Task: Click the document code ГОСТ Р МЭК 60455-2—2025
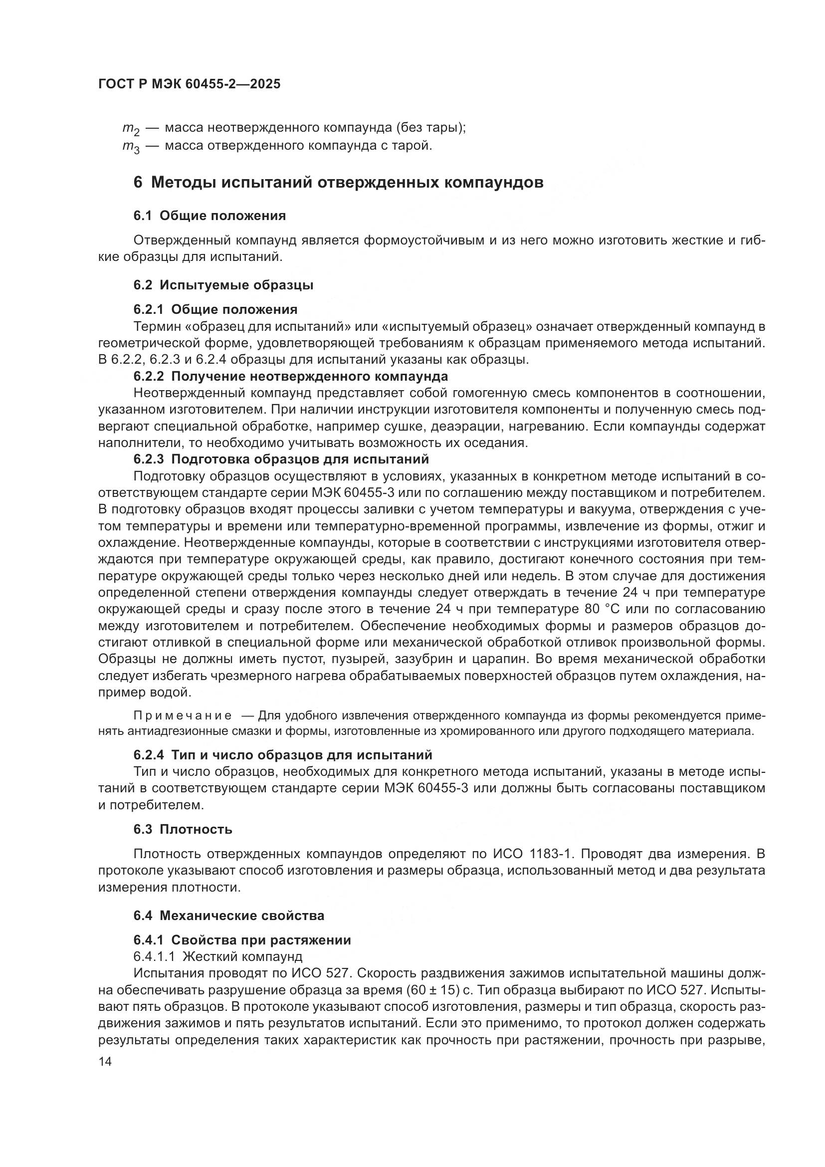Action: coord(189,84)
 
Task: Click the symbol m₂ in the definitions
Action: coord(131,129)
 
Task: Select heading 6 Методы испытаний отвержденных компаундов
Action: coord(338,182)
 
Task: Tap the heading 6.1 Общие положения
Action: coord(209,216)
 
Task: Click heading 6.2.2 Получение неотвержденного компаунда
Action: coord(291,376)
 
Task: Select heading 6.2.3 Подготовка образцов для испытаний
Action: coord(281,459)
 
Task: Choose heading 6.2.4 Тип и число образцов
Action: coord(282,755)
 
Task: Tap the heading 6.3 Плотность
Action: coord(183,829)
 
